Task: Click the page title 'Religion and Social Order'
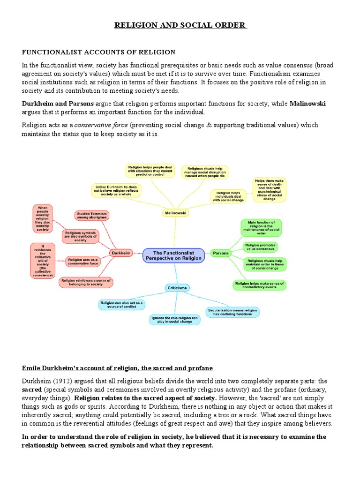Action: pyautogui.click(x=180, y=24)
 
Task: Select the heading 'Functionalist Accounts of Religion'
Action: pyautogui.click(x=98, y=52)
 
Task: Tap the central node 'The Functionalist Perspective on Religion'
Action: pyautogui.click(x=173, y=255)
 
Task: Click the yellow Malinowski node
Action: pyautogui.click(x=175, y=213)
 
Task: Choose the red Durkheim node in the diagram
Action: pyautogui.click(x=120, y=253)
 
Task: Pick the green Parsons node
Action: pyautogui.click(x=221, y=253)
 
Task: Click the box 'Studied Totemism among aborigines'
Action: pyautogui.click(x=92, y=216)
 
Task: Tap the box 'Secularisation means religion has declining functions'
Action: pyautogui.click(x=232, y=312)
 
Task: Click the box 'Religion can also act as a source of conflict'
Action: pyautogui.click(x=121, y=305)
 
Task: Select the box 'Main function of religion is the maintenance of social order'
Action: pyautogui.click(x=261, y=227)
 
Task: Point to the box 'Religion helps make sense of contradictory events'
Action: pyautogui.click(x=259, y=284)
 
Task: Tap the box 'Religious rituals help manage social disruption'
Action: pyautogui.click(x=205, y=172)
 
